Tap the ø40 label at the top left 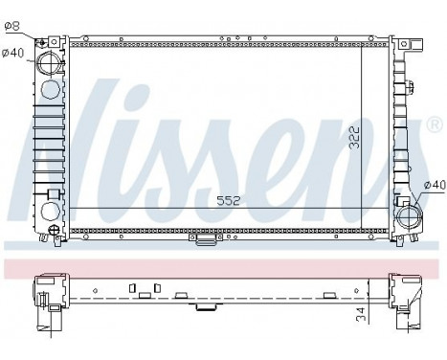click(12, 52)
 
